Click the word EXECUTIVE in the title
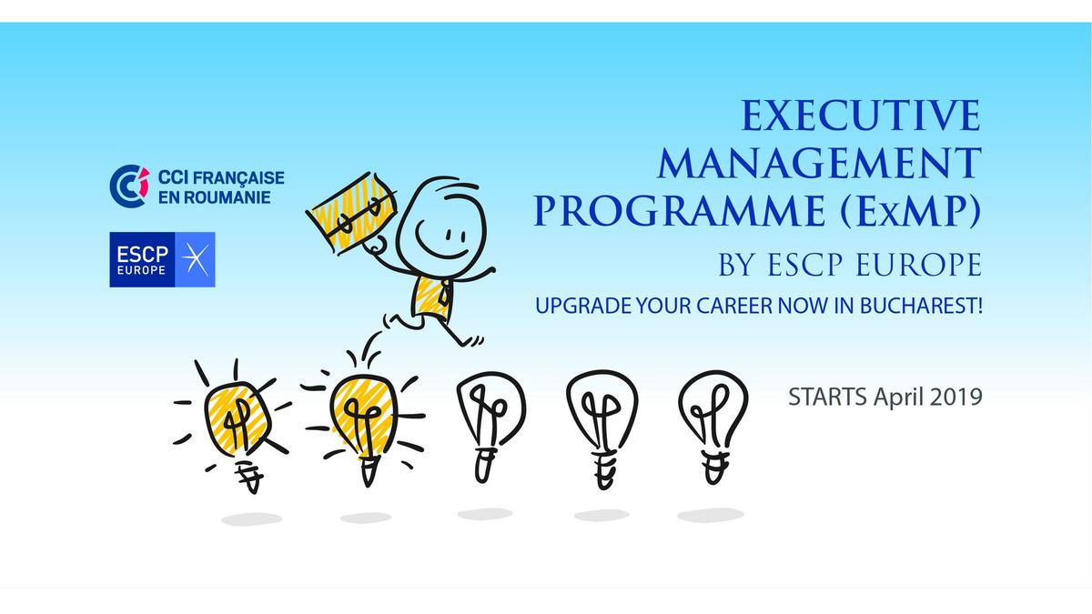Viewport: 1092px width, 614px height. click(x=861, y=115)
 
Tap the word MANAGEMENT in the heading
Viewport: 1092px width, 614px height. click(x=820, y=163)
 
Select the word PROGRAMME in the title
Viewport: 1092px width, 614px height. click(x=680, y=211)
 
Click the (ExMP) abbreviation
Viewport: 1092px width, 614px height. click(x=911, y=211)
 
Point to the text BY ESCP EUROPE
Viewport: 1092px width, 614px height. click(x=850, y=264)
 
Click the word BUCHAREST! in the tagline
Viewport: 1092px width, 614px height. click(x=921, y=306)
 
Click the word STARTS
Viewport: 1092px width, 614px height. click(x=828, y=398)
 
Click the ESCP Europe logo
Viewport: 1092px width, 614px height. click(x=162, y=260)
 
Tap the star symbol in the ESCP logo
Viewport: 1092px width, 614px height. click(x=195, y=260)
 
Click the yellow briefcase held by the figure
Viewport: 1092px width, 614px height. click(x=352, y=213)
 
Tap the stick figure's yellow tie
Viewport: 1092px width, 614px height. click(x=444, y=294)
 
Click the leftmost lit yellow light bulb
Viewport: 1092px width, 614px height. click(x=236, y=425)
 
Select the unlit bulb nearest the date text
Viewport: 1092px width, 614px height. click(x=713, y=427)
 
